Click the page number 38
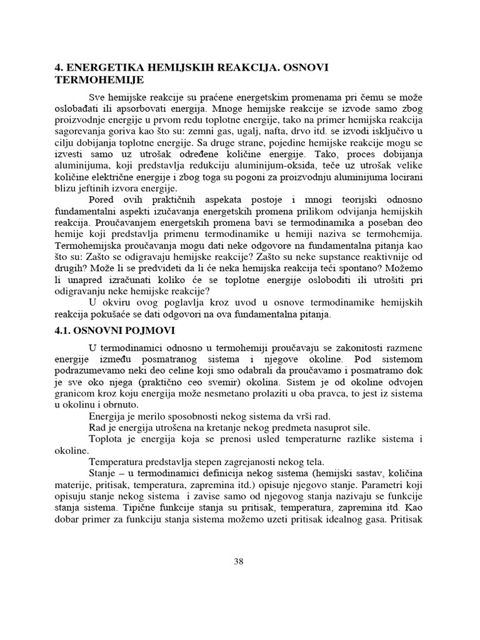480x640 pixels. tap(238, 561)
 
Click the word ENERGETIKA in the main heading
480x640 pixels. tap(103, 68)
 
